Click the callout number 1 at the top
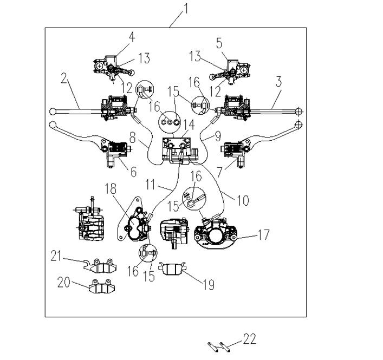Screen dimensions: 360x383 click(x=185, y=8)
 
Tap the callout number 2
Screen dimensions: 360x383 click(x=64, y=80)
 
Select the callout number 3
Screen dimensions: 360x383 click(x=278, y=83)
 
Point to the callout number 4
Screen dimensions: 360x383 click(x=131, y=37)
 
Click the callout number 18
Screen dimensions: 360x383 click(x=111, y=188)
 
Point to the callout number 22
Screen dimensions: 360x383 click(x=248, y=339)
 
